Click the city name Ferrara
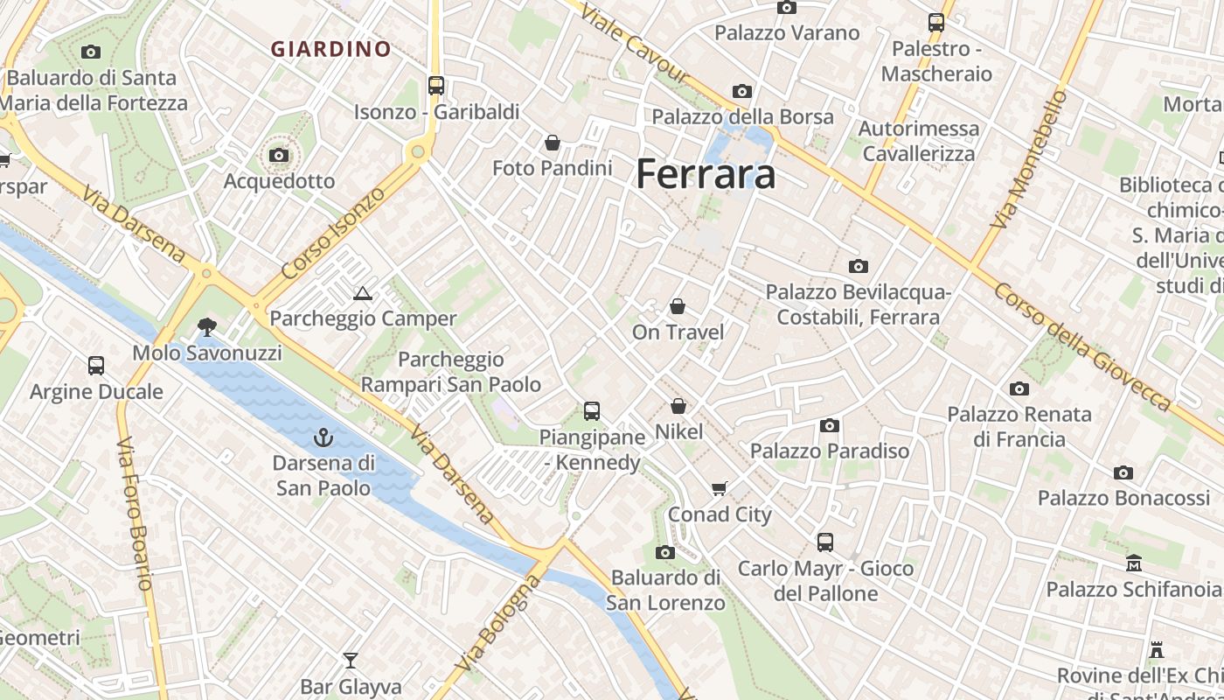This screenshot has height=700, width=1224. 706,173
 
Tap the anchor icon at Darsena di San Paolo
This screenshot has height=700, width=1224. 323,437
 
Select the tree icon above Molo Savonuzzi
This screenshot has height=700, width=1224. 207,327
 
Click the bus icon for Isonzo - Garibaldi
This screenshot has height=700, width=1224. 436,86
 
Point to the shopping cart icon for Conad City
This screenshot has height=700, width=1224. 720,489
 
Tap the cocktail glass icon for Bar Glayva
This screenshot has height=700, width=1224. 351,661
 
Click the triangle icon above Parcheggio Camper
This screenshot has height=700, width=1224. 363,293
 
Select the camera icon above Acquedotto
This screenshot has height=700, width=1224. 279,156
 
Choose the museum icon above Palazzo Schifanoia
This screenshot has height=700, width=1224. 1134,563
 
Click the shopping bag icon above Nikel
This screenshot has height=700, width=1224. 678,406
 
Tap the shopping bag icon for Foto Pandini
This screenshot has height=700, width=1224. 553,142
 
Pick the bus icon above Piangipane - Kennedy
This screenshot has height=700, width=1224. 592,410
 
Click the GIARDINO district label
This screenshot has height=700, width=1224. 330,50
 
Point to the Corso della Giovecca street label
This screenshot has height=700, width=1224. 1082,346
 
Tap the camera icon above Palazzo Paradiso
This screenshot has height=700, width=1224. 830,426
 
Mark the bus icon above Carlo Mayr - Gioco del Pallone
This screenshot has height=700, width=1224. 825,542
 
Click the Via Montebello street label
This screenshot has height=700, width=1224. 1031,160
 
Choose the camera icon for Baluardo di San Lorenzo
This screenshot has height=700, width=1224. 665,552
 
